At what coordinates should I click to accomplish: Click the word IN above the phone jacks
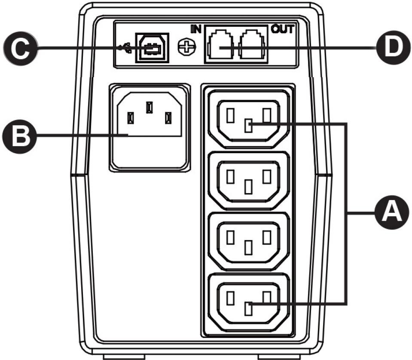point(196,29)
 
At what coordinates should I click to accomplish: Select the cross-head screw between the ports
point(185,48)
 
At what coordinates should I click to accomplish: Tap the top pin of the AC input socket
point(149,107)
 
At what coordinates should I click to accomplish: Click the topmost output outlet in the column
point(249,119)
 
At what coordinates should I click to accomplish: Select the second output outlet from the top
point(249,180)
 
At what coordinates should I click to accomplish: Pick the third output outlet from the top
point(249,241)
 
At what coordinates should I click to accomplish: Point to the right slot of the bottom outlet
point(267,298)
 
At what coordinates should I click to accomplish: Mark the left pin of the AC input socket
point(131,117)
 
